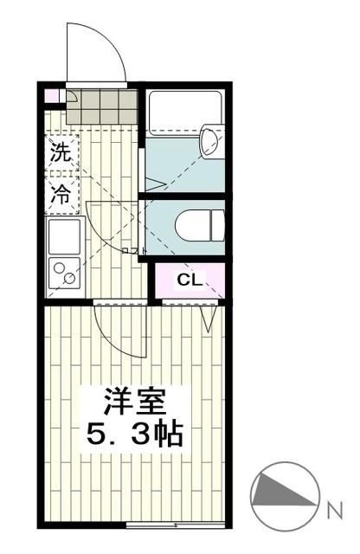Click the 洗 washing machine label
60,156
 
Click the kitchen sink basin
63,235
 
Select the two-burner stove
63,274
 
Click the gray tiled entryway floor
101,107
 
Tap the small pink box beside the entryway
51,96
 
